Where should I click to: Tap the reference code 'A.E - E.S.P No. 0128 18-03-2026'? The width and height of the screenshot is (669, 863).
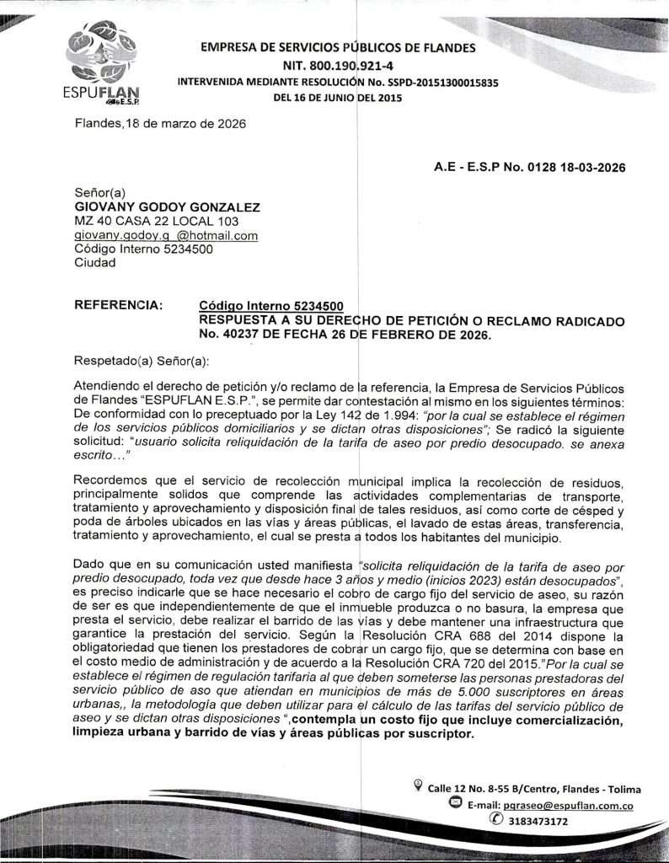pos(529,167)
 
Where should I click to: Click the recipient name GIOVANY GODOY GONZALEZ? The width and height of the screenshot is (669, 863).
pos(168,207)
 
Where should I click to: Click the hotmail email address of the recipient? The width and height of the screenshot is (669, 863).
pos(166,236)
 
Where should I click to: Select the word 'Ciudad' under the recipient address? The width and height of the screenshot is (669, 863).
pos(95,263)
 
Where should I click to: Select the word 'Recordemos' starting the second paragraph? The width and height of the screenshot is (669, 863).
pos(110,482)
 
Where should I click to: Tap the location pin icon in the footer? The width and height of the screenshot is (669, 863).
pos(419,787)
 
